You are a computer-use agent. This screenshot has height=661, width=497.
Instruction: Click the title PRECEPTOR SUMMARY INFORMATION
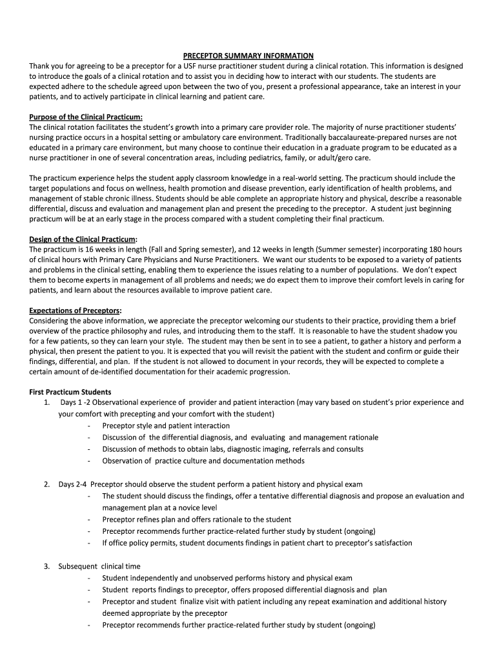249,56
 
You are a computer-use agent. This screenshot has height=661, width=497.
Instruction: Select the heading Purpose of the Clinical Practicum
86,117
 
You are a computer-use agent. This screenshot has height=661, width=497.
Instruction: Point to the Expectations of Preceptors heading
76,310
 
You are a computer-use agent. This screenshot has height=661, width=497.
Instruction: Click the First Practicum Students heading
70,392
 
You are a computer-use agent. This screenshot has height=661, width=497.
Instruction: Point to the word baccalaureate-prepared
370,137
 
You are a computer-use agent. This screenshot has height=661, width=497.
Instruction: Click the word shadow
434,330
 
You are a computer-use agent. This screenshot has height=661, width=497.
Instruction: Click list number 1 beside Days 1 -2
47,402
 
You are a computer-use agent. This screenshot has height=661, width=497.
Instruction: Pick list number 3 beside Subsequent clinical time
47,566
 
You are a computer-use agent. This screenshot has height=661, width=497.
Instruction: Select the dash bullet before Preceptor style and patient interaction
88,425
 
